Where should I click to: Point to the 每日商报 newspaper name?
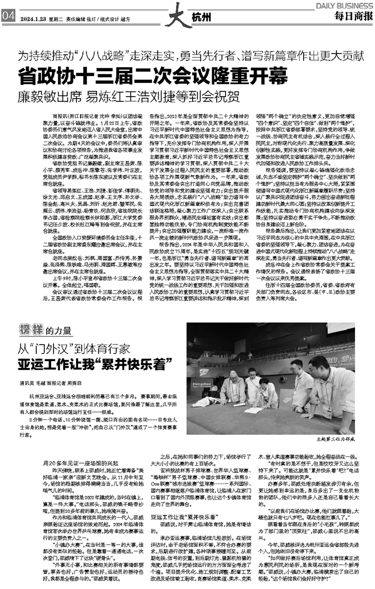pyautogui.click(x=352, y=16)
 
